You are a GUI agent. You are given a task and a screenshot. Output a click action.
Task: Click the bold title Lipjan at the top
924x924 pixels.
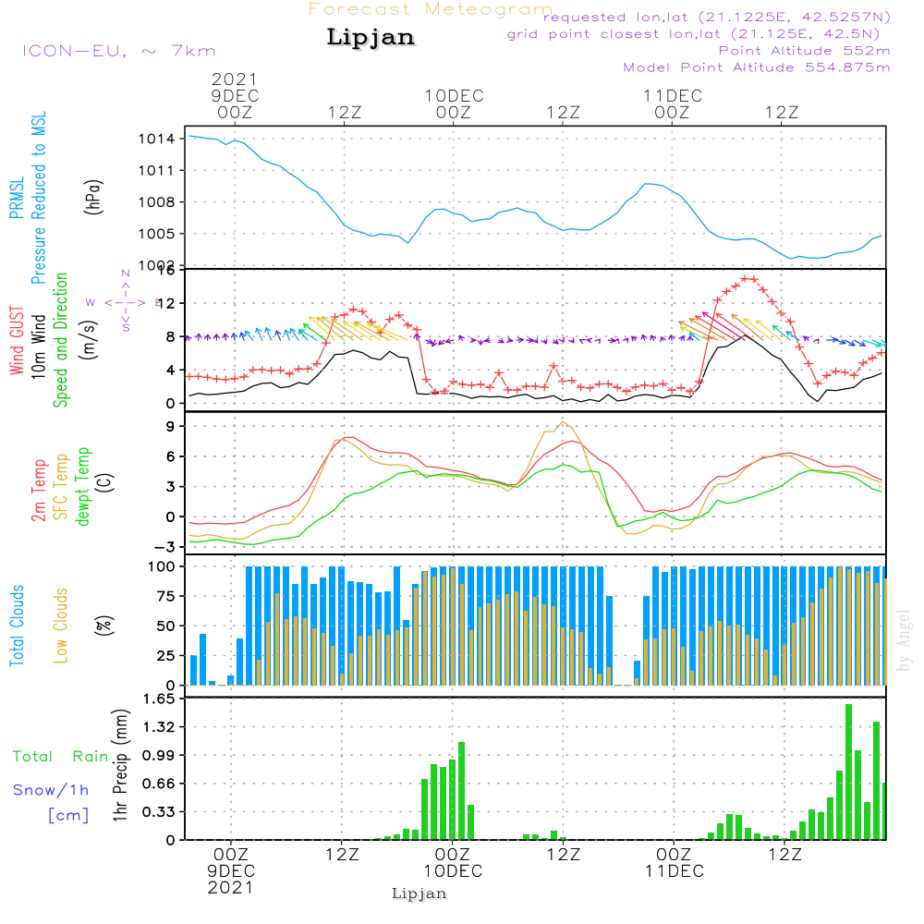(371, 38)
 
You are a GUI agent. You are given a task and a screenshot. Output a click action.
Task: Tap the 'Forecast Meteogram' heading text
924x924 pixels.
(431, 9)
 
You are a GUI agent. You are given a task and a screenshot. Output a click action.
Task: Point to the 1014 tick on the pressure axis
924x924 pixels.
(156, 139)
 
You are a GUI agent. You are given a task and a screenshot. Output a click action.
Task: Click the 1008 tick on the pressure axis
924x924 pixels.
(156, 202)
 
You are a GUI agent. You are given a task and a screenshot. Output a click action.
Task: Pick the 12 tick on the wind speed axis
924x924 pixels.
(166, 303)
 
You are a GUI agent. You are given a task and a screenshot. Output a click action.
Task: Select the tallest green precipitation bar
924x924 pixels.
(848, 772)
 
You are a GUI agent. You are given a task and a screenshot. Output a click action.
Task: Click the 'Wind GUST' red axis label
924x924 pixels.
(17, 342)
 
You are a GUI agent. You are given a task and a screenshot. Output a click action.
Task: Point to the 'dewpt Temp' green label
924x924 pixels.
(84, 487)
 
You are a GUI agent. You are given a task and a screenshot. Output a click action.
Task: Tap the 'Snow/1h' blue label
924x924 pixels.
(51, 790)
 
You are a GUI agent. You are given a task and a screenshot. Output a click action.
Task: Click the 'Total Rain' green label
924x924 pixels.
(60, 757)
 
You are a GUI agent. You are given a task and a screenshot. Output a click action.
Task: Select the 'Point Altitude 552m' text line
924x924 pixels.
(804, 51)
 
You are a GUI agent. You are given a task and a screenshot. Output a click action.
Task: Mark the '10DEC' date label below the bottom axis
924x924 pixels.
(453, 871)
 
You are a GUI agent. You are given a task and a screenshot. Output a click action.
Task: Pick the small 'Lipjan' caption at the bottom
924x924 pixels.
(419, 894)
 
